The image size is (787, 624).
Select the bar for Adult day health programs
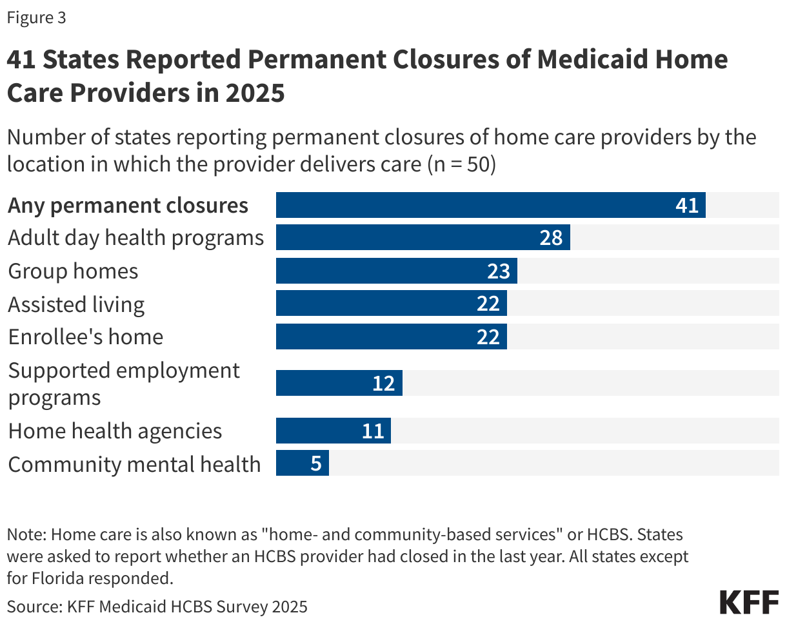pyautogui.click(x=423, y=238)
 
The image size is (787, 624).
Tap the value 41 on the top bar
pyautogui.click(x=687, y=205)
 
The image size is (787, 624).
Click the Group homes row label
pyautogui.click(x=73, y=271)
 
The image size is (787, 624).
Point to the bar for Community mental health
pyautogui.click(x=302, y=463)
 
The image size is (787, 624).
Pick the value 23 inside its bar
pyautogui.click(x=499, y=271)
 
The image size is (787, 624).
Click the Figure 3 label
pyautogui.click(x=37, y=18)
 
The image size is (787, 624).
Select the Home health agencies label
pyautogui.click(x=115, y=431)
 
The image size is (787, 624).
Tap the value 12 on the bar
pyautogui.click(x=383, y=384)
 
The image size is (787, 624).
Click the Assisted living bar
pyautogui.click(x=391, y=304)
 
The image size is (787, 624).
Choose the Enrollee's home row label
pyautogui.click(x=85, y=336)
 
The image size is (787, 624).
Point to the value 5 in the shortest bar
pyautogui.click(x=316, y=463)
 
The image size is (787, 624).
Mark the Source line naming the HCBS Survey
pyautogui.click(x=157, y=606)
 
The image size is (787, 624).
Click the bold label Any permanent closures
pyautogui.click(x=128, y=205)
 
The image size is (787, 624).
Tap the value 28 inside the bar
pyautogui.click(x=552, y=238)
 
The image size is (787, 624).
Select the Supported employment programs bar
pyautogui.click(x=339, y=384)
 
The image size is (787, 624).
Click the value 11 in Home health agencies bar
pyautogui.click(x=372, y=431)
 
